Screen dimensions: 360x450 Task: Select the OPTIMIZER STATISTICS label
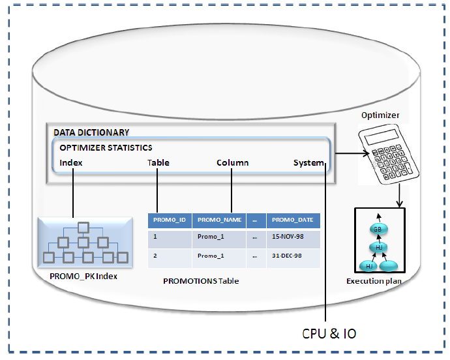click(x=106, y=148)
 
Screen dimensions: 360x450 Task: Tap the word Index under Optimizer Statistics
click(x=71, y=163)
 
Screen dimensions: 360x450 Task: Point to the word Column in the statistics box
click(x=232, y=163)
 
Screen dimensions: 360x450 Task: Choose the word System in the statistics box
click(x=308, y=163)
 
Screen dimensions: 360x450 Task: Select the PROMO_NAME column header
click(x=219, y=220)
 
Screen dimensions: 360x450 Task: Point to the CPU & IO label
click(x=329, y=333)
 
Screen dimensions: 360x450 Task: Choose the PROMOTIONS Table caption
click(x=201, y=281)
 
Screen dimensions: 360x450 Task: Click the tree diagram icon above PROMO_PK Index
click(x=83, y=242)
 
